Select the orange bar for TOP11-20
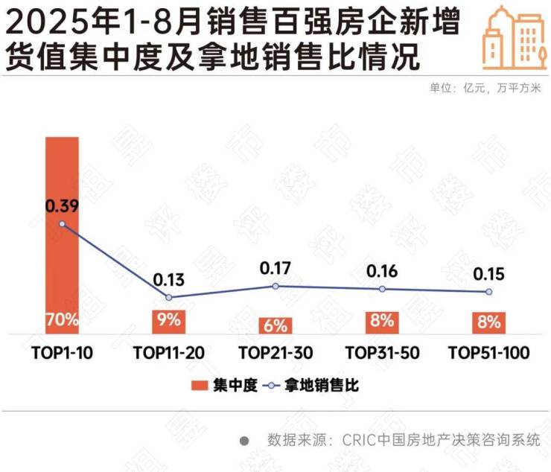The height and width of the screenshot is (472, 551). (168, 322)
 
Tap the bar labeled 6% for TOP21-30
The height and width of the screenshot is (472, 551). (275, 325)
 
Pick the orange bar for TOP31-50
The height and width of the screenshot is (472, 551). (382, 322)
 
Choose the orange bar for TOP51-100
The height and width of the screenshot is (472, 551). (489, 322)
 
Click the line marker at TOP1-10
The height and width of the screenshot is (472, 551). (62, 224)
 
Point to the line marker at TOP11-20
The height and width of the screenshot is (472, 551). (168, 298)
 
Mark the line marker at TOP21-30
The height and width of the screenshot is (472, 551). (275, 286)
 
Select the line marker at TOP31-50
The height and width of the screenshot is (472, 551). (382, 289)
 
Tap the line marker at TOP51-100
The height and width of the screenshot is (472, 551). (489, 292)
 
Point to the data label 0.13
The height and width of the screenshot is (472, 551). (168, 280)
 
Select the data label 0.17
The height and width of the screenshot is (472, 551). (275, 267)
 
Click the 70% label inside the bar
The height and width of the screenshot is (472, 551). (62, 322)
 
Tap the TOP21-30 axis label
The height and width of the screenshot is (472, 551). (275, 353)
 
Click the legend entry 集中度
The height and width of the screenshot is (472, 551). (224, 385)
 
